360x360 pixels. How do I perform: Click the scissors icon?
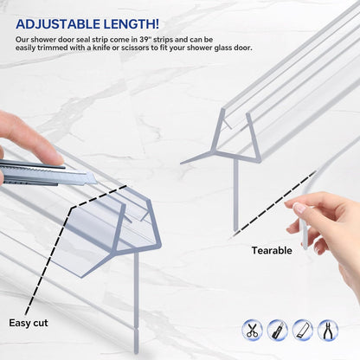pos(253,330)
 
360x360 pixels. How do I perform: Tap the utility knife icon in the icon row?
pos(277,330)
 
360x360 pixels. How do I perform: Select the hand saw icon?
pos(303,330)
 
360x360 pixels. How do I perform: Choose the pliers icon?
pos(328,330)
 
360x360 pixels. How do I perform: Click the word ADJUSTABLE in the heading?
pos(58,24)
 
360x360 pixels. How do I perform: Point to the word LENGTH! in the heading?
pos(132,24)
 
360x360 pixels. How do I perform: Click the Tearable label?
pos(272,250)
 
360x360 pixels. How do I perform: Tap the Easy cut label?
pos(29,323)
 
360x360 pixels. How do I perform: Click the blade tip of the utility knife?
pos(96,182)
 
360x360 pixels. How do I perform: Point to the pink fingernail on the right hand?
pos(299,208)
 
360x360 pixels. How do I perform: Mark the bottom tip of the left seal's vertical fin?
pos(136,352)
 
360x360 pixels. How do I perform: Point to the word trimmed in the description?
pos(52,48)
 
